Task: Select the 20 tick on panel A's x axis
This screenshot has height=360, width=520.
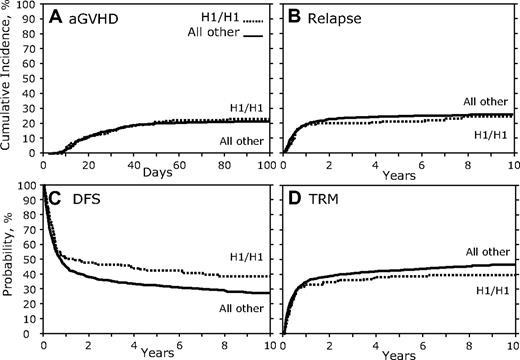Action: pos(88,164)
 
